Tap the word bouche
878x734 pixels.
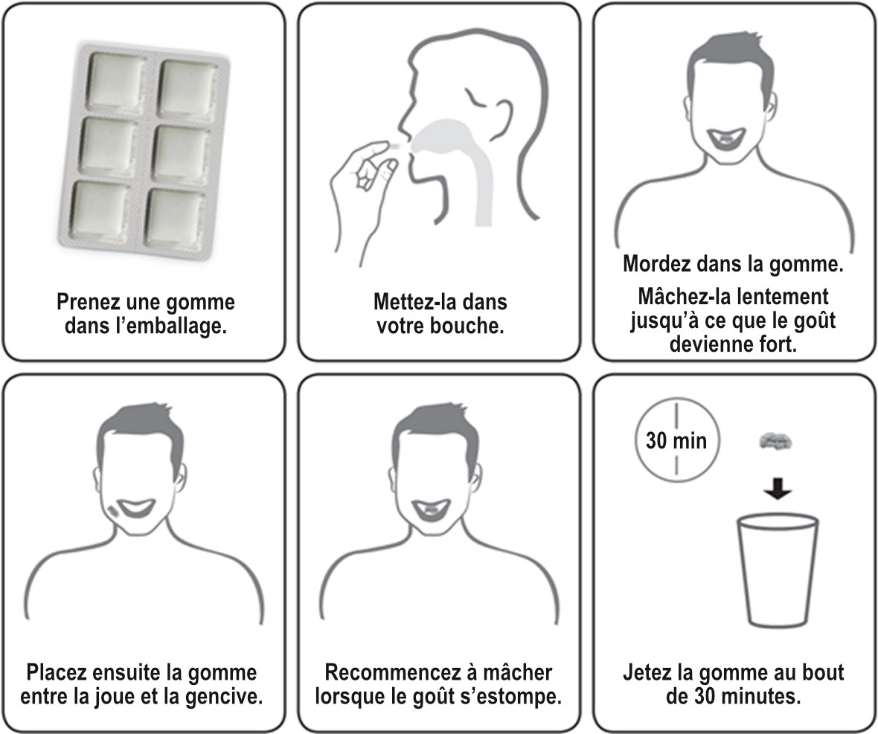[473, 325]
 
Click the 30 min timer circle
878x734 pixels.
[676, 440]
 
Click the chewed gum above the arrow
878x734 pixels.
[777, 441]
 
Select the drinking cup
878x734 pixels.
[776, 569]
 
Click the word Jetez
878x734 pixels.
[649, 673]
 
